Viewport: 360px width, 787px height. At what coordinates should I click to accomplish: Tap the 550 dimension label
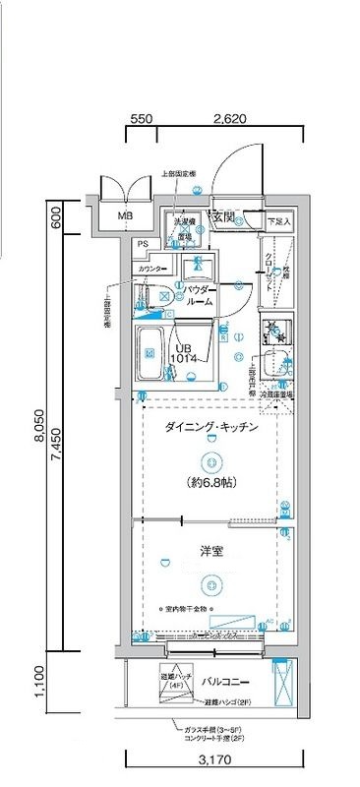[141, 118]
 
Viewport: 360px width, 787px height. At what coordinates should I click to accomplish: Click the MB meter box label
[126, 216]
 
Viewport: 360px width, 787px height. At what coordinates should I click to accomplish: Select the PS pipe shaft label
[144, 244]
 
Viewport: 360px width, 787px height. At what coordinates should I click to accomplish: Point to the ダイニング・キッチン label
[210, 428]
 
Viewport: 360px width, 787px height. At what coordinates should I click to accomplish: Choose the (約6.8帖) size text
[211, 483]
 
